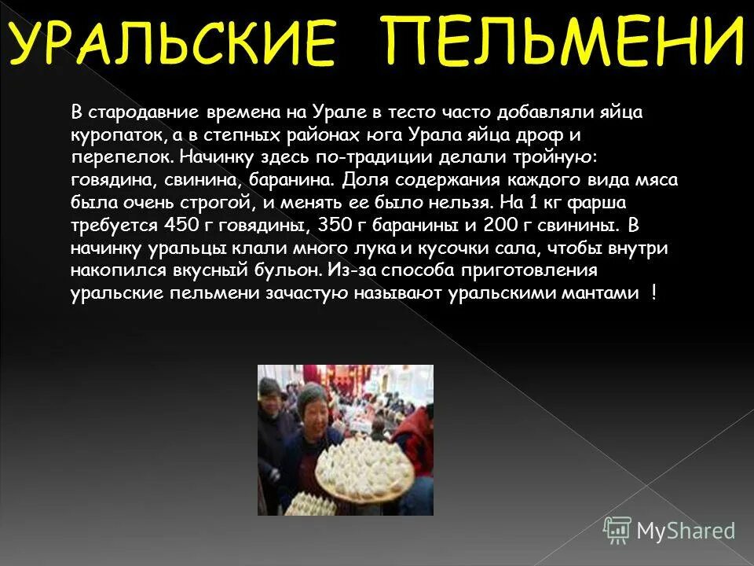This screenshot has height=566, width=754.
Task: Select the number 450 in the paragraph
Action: pyautogui.click(x=179, y=226)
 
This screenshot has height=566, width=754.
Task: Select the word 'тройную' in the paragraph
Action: pyautogui.click(x=562, y=156)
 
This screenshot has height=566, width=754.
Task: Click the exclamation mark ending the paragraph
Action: pyautogui.click(x=653, y=292)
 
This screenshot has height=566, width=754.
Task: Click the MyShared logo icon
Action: pyautogui.click(x=617, y=530)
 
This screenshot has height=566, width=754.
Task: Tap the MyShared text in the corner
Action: pyautogui.click(x=686, y=531)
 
